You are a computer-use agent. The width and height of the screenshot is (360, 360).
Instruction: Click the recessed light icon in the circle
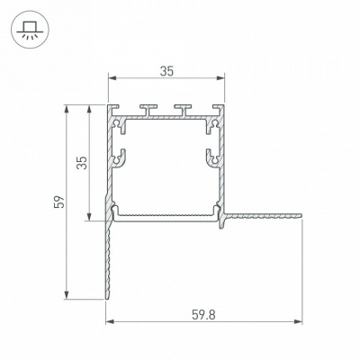(30, 30)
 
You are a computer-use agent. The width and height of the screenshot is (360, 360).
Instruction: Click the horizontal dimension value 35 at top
(166, 71)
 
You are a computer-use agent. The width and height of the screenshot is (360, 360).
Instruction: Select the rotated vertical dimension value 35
(82, 163)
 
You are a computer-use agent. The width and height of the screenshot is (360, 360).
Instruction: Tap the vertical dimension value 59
(59, 202)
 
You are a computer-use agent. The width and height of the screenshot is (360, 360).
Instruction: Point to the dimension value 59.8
(203, 315)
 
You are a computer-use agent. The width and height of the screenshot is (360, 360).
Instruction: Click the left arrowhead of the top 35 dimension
(112, 78)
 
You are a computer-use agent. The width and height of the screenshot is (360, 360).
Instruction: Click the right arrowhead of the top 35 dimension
(220, 78)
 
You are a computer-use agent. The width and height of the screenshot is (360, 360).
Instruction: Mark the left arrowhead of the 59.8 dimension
(110, 322)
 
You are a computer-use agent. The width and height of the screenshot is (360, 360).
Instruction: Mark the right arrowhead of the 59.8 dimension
(298, 322)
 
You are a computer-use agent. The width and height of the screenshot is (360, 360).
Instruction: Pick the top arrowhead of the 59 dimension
(67, 109)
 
